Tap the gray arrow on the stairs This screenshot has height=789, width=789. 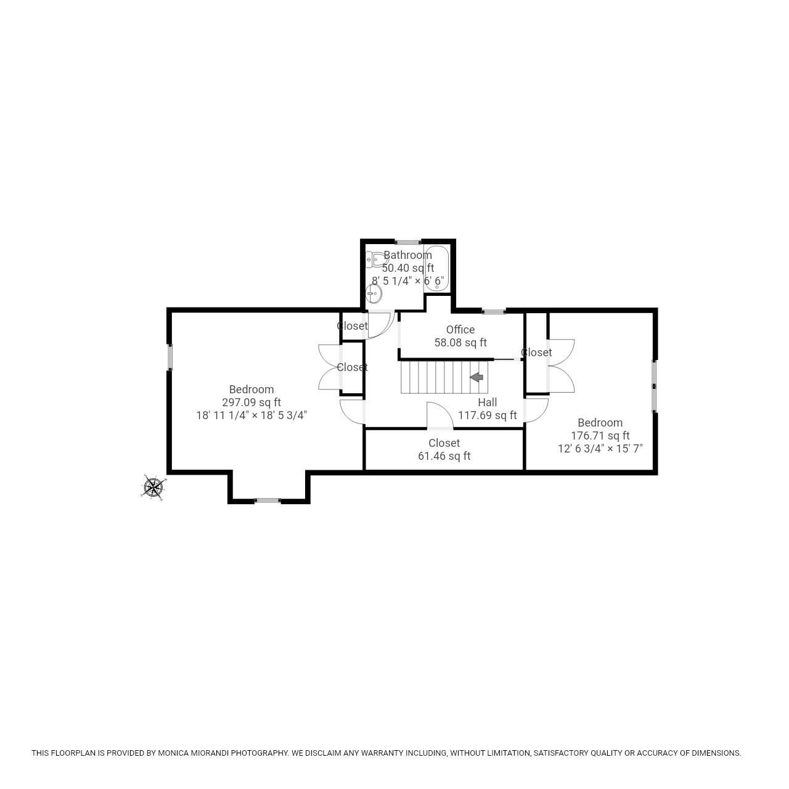476,377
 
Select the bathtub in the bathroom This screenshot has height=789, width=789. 436,269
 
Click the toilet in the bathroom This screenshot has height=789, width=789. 377,259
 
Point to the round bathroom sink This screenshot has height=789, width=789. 374,293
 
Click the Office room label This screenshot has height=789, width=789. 460,330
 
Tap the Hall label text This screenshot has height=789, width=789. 487,402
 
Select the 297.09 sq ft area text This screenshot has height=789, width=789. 251,402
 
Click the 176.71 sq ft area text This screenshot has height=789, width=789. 600,436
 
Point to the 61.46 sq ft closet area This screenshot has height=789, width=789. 444,456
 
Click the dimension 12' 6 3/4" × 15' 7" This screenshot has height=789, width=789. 600,449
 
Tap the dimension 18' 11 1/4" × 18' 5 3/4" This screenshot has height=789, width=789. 251,415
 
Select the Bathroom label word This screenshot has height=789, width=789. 408,255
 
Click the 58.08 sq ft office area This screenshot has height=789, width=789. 460,343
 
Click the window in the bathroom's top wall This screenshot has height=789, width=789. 408,242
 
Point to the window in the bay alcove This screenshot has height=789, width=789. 268,501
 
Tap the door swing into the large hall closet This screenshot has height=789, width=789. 440,415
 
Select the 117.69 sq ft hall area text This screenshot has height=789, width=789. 487,415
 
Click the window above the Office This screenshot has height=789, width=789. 494,311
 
